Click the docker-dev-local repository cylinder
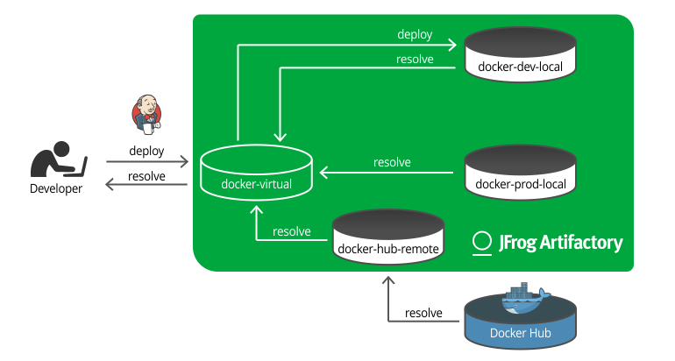521,53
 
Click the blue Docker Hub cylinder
521,322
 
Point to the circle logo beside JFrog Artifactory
481,243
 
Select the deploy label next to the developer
146,151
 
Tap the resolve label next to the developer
146,176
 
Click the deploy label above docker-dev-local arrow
414,34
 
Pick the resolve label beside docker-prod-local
392,162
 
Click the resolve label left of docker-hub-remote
292,231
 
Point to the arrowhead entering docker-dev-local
453,43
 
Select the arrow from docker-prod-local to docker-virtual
386,173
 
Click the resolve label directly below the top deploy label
414,59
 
